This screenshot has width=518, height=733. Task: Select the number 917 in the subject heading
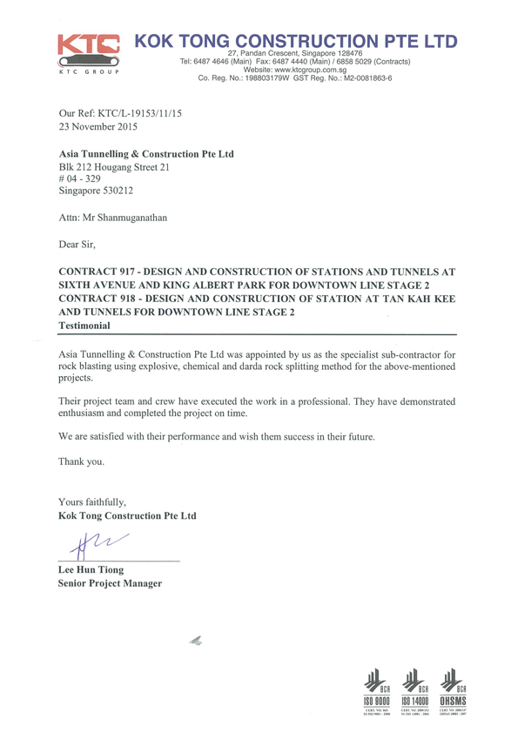(x=127, y=272)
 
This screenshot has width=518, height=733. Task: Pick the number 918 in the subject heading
(x=127, y=299)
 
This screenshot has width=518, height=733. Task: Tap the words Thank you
(x=81, y=461)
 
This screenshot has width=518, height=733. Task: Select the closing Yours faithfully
(x=91, y=502)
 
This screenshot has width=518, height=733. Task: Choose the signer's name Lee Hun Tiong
(x=90, y=570)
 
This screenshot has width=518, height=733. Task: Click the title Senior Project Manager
(x=110, y=583)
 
